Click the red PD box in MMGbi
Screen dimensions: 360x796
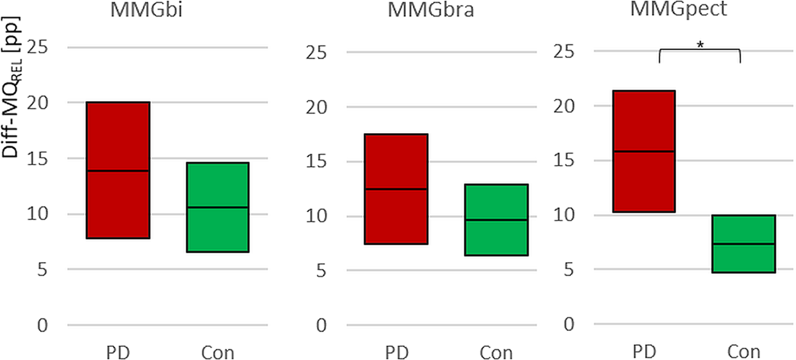click(118, 170)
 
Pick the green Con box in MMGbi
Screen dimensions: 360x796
click(218, 207)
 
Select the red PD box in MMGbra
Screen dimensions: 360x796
click(396, 189)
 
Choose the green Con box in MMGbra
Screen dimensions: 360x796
click(497, 219)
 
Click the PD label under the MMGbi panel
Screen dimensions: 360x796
click(118, 351)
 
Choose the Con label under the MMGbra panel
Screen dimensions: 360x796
click(496, 351)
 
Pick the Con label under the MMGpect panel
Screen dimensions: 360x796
click(744, 351)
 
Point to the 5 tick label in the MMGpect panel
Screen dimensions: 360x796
click(572, 269)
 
